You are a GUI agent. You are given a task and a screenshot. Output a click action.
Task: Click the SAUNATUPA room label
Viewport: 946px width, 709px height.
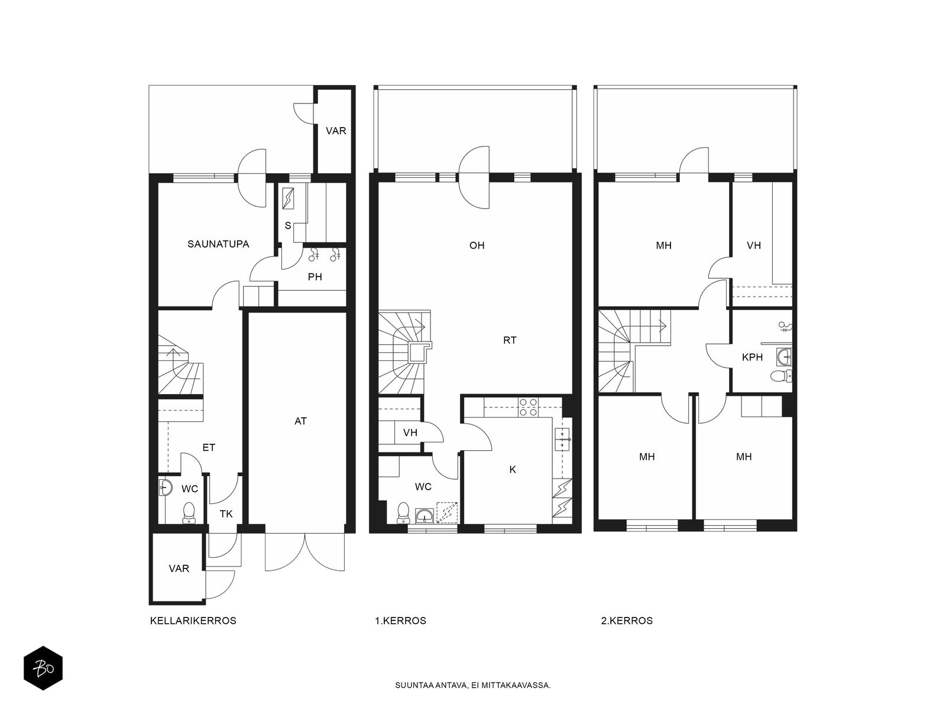pos(218,244)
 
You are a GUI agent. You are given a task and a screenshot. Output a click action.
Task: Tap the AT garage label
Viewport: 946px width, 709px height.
pos(300,421)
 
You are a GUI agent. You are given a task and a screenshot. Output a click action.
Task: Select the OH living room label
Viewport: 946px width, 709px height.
pos(477,245)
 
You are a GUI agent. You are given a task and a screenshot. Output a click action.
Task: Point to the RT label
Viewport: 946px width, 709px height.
pos(510,340)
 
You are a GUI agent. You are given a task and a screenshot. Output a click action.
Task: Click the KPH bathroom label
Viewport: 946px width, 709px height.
pos(752,357)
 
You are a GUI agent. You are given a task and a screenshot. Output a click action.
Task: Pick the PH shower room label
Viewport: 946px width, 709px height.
pos(315,277)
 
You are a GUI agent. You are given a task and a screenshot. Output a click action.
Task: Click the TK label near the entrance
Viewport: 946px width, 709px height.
pos(226,513)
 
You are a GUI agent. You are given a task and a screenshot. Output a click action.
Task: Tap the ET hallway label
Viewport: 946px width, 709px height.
pos(209,448)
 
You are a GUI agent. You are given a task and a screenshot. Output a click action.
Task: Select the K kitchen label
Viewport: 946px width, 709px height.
pos(513,469)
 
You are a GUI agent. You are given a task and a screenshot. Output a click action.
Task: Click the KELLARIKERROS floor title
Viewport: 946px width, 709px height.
pos(193,621)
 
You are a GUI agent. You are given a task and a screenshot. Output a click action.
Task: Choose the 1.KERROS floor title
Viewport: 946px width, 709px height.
pos(400,621)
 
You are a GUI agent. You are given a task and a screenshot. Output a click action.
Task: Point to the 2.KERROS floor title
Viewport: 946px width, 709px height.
pos(627,621)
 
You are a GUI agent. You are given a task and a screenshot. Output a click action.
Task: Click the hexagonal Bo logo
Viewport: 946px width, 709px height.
pos(43,668)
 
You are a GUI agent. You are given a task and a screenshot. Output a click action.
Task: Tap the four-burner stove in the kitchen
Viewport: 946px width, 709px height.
pos(529,407)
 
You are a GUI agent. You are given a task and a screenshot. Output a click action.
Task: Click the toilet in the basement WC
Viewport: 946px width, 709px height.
pos(189,513)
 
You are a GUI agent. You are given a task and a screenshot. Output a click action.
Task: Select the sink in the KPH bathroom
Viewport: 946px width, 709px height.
pos(784,357)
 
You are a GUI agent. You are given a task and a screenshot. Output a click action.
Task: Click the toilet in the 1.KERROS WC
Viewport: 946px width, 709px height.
pos(403,513)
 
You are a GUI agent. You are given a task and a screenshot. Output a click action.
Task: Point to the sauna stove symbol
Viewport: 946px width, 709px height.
pos(288,199)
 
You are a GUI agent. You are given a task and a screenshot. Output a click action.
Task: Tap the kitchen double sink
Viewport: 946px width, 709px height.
pos(562,439)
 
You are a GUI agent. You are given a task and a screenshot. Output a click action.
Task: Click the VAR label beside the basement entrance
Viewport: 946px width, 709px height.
pos(179,568)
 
